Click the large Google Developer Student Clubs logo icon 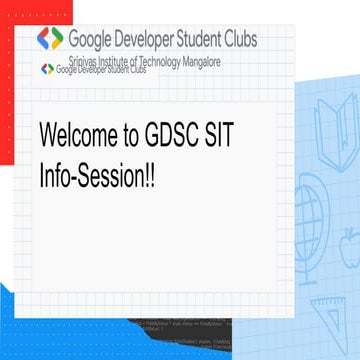(x=50, y=39)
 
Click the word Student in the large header (x=209, y=39)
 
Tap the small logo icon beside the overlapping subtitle (x=46, y=69)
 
